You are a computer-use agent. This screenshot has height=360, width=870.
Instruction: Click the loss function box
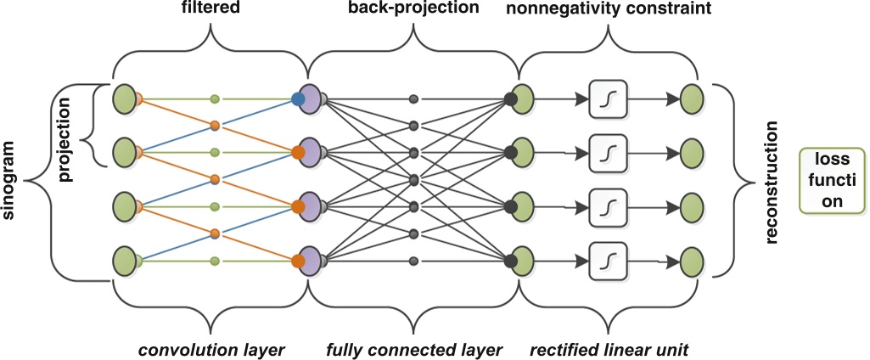(832, 180)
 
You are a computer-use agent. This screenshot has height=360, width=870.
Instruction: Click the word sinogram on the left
(12, 181)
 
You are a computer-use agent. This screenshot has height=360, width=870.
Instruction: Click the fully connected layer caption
(415, 348)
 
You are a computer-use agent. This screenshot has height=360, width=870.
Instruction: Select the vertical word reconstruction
(772, 181)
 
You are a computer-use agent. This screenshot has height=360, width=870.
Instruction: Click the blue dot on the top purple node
(298, 100)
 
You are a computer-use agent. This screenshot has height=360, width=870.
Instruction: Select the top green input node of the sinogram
(125, 99)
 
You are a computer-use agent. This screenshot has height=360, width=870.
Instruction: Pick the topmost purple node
(309, 99)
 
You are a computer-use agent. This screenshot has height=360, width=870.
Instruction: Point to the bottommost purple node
(309, 261)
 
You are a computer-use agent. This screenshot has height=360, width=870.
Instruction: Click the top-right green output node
(690, 99)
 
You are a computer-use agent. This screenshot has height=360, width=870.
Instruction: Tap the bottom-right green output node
(690, 261)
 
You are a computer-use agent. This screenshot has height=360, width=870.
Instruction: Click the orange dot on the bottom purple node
(298, 261)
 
